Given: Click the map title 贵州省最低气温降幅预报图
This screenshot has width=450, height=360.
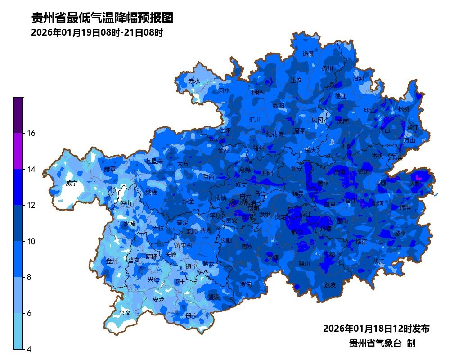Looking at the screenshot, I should (x=102, y=18).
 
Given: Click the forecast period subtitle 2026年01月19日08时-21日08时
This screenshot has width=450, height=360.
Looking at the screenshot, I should (x=97, y=33).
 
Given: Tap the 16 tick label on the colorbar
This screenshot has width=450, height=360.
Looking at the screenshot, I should (x=32, y=133).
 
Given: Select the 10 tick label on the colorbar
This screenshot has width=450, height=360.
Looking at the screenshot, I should (x=32, y=242).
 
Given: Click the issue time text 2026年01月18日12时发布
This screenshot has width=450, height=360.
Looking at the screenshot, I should (x=376, y=328).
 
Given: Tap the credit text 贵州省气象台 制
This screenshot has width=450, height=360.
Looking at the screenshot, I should (x=382, y=343).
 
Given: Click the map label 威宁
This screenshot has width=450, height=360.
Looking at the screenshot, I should (x=72, y=184).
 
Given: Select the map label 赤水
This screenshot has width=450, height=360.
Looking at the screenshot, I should (x=194, y=81).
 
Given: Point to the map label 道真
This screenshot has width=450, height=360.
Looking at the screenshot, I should (x=308, y=54).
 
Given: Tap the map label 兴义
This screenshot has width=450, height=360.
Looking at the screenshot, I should (x=125, y=313).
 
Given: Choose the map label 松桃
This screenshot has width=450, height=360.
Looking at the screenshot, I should (x=404, y=109).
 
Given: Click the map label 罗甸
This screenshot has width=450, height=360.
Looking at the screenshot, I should (x=246, y=284).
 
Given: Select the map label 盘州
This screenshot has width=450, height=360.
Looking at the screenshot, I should (x=112, y=261).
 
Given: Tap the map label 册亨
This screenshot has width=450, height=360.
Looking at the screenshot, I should (x=191, y=315).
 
